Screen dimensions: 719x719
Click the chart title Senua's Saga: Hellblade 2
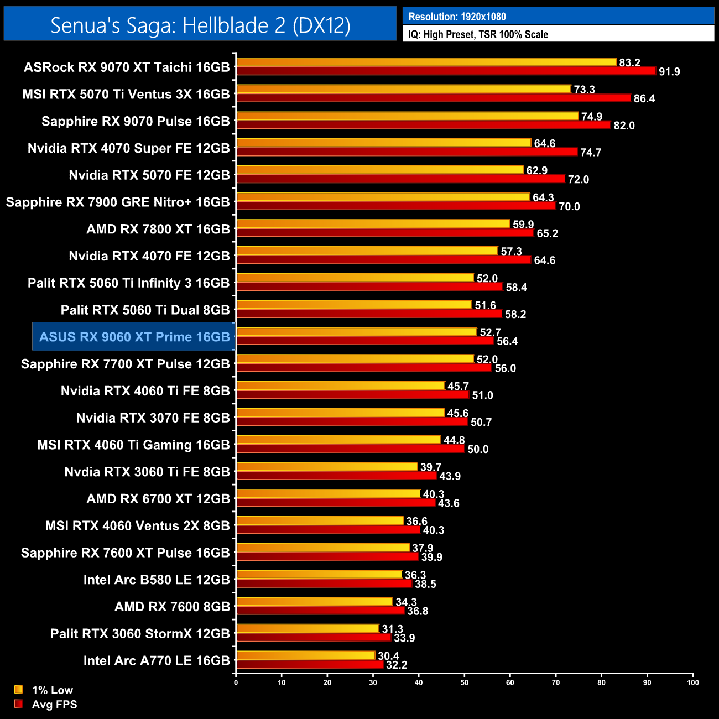point(200,25)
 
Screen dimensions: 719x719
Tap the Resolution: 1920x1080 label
point(457,17)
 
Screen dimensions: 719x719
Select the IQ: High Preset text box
point(478,34)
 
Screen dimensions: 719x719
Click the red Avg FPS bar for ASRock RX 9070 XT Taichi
point(446,71)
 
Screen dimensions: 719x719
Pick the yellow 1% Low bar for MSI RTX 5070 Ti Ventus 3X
point(403,89)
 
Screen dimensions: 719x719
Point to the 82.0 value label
point(624,126)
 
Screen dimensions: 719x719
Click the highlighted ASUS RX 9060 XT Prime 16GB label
point(134,337)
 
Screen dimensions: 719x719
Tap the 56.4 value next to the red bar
point(507,341)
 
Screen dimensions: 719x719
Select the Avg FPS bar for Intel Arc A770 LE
point(310,665)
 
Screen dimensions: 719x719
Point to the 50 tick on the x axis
point(465,682)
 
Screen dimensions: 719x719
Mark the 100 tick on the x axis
point(692,682)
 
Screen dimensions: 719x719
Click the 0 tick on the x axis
point(236,682)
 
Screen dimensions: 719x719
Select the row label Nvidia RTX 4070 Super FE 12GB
point(128,148)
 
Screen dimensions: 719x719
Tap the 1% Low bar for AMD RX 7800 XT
point(373,224)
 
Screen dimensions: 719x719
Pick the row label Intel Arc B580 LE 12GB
point(157,580)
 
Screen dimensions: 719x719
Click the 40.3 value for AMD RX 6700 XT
point(433,494)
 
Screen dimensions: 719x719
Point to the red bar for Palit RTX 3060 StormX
point(314,638)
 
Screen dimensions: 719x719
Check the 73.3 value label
point(584,90)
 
